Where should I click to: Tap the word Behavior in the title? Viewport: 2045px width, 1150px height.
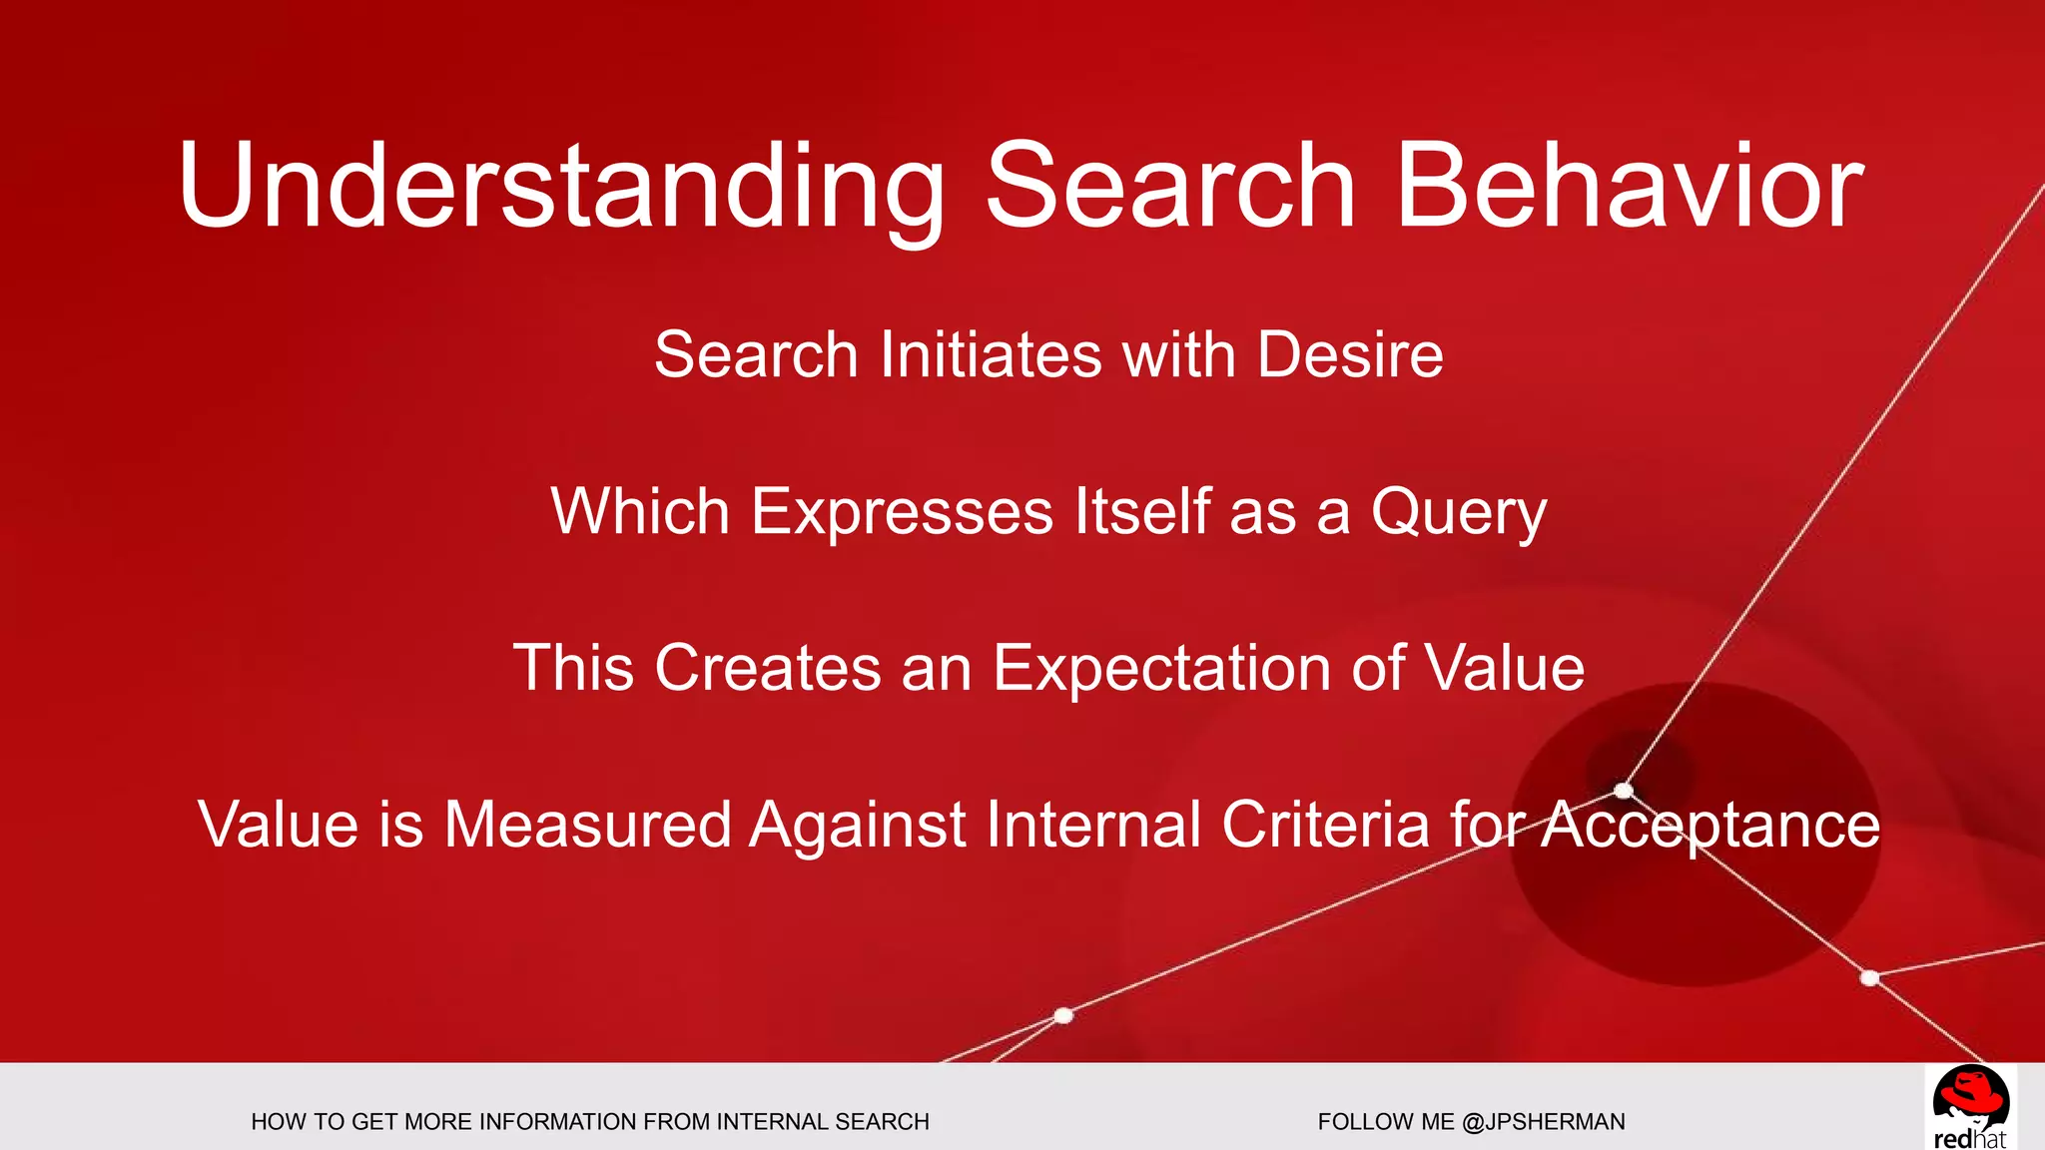[x=1629, y=188]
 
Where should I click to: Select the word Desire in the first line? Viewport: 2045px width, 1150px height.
[x=1350, y=354]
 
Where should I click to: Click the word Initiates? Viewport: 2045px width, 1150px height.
[x=990, y=354]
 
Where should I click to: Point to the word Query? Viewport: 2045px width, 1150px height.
[x=1458, y=512]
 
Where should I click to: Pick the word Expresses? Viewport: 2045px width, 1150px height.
[x=902, y=512]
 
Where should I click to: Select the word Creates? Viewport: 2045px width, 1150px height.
[x=767, y=668]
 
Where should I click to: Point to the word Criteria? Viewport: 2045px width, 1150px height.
[x=1325, y=825]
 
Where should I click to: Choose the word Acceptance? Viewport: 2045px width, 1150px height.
[x=1709, y=825]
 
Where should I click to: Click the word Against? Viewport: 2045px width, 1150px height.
[x=858, y=825]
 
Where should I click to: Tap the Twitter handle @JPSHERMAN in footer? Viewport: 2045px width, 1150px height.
[x=1543, y=1122]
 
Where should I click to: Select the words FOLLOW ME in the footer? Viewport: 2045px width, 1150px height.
[x=1386, y=1122]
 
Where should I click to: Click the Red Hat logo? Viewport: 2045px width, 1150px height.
[x=1970, y=1107]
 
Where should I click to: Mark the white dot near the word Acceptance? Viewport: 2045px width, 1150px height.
[x=1624, y=791]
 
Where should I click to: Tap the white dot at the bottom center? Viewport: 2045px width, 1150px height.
[x=1063, y=1015]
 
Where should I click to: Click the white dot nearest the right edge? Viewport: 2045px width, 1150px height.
[x=1870, y=978]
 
